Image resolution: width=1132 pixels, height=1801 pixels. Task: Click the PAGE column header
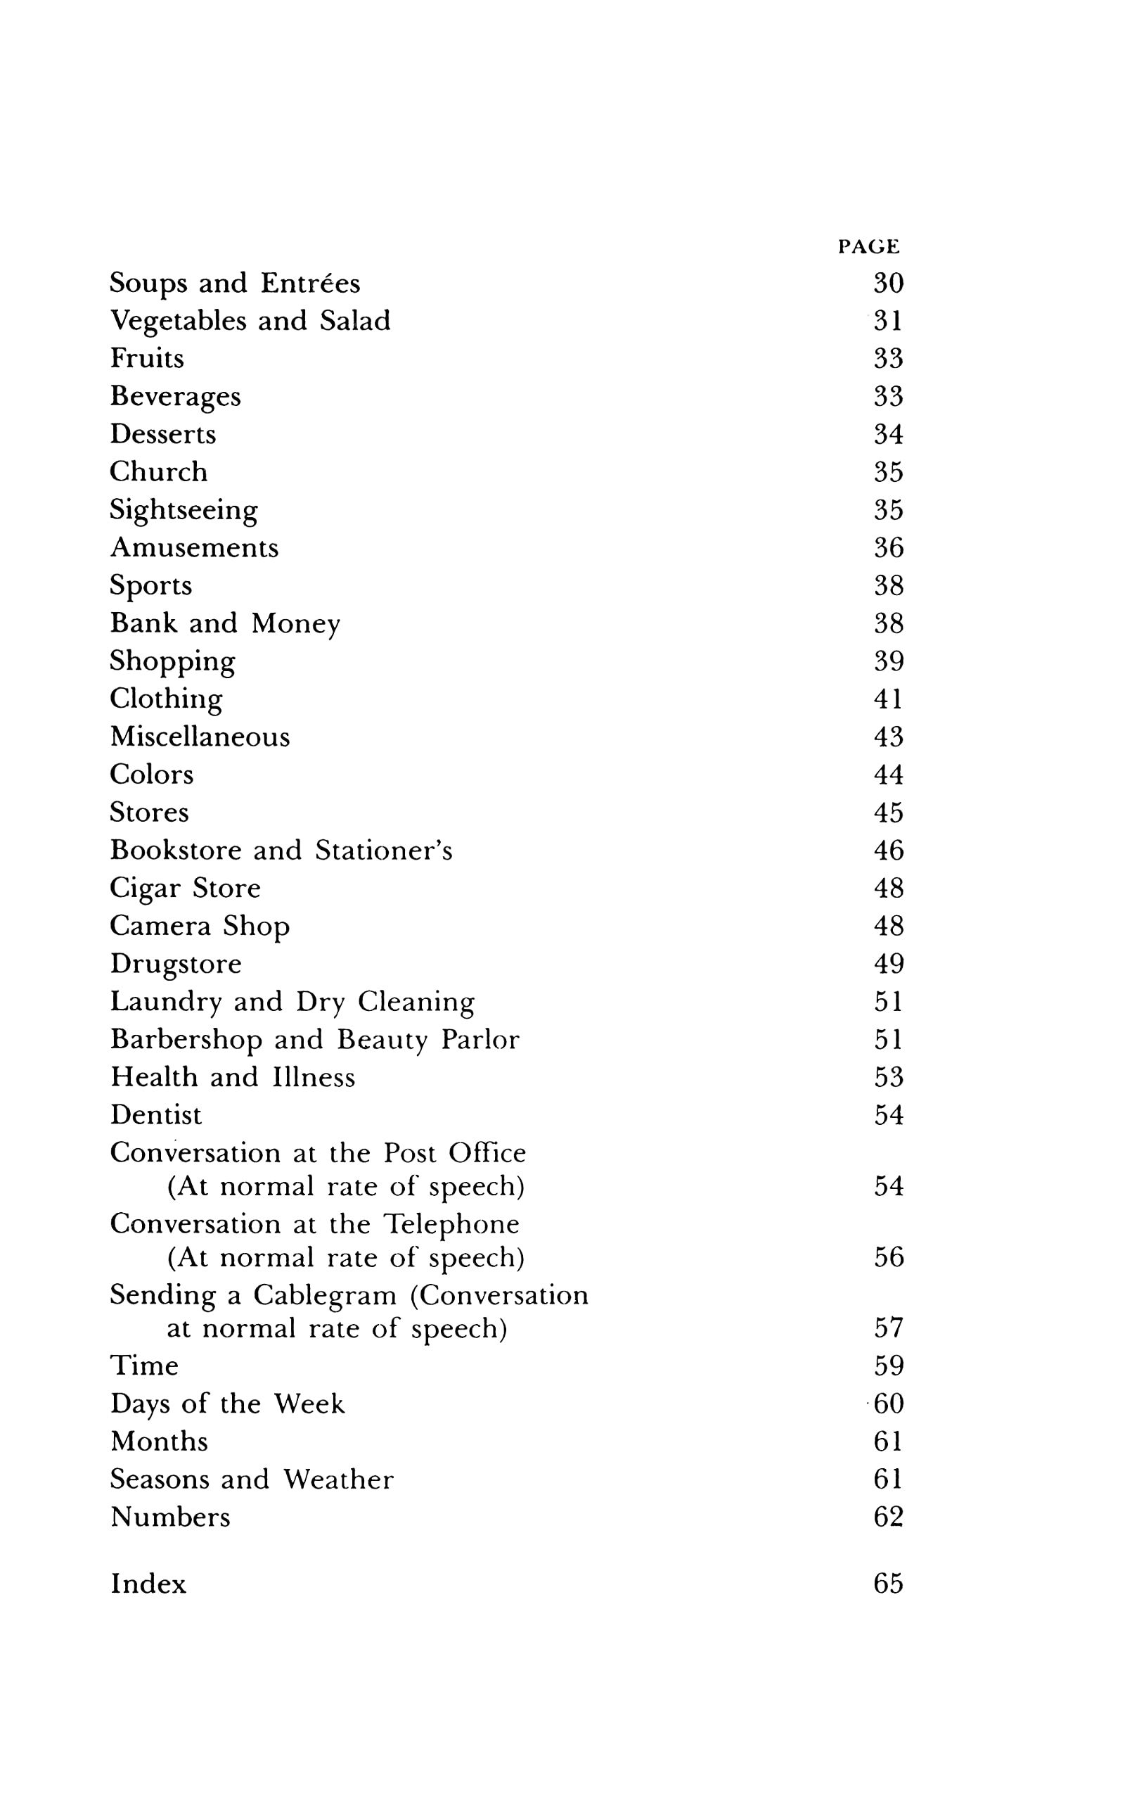tap(868, 246)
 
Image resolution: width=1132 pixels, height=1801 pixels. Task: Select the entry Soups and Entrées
tap(235, 283)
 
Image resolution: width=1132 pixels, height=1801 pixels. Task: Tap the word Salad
tap(354, 321)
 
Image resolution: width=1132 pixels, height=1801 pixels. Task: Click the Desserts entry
tap(163, 434)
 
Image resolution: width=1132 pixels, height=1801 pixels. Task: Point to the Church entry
tap(158, 472)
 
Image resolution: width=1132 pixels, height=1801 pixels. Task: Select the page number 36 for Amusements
tap(888, 547)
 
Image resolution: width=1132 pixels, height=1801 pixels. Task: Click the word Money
tap(295, 624)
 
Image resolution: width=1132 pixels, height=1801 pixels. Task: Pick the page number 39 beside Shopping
tap(888, 661)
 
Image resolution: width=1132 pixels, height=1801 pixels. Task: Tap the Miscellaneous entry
tap(200, 737)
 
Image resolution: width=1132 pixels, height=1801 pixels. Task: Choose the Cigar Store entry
tap(186, 889)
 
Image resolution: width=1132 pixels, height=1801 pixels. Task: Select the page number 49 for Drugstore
tap(888, 963)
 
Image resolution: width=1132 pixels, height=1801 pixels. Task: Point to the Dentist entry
tap(155, 1115)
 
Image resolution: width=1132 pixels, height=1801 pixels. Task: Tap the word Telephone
tap(451, 1224)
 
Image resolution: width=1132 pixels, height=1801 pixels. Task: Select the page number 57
tap(888, 1328)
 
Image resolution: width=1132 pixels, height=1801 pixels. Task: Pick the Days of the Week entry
tap(227, 1404)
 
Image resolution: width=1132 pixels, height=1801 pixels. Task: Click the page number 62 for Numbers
tap(888, 1517)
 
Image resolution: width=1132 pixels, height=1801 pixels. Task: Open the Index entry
tap(148, 1584)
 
